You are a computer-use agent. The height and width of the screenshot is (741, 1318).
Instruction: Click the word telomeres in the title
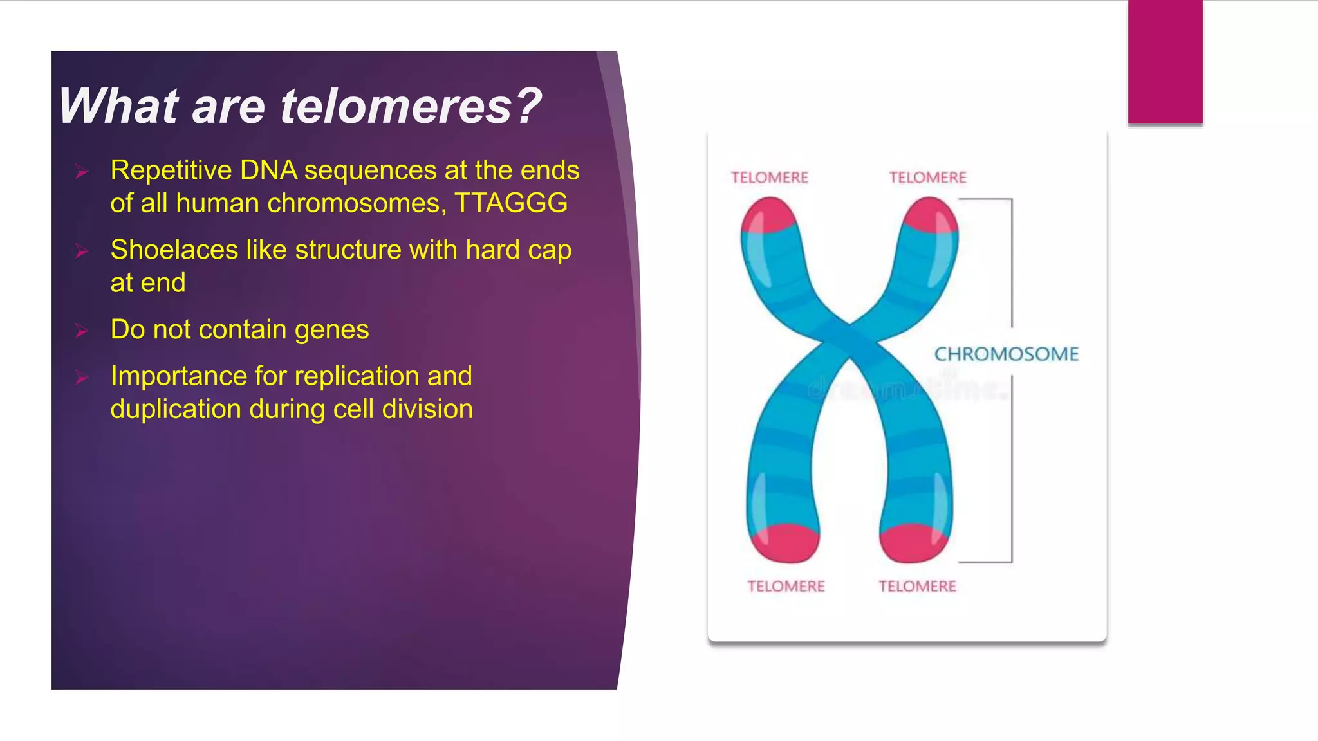point(396,106)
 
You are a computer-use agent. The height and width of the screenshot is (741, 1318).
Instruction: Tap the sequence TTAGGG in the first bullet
point(511,203)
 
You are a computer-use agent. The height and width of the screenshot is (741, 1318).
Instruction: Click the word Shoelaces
point(174,250)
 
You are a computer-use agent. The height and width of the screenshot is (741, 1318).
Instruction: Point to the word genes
point(331,329)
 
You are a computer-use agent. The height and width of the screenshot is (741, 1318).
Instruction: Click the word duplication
point(176,409)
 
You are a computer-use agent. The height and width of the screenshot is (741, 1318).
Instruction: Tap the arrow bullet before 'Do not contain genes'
point(82,331)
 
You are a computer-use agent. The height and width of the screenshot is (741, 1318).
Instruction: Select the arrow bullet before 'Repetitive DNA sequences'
point(82,171)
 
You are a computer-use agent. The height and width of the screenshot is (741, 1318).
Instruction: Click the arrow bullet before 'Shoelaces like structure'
point(82,251)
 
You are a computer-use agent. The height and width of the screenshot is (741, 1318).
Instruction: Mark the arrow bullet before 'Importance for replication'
point(82,377)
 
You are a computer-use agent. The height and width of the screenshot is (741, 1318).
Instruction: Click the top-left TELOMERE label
point(770,178)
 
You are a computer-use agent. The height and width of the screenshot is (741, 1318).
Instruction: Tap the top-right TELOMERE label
point(927,178)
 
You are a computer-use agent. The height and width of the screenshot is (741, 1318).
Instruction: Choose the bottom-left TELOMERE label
point(786,586)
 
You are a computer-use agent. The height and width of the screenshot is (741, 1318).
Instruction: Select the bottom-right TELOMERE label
point(917,586)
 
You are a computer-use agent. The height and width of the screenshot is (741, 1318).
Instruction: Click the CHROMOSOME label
point(1006,354)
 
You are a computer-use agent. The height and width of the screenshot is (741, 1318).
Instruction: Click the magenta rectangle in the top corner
point(1165,62)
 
